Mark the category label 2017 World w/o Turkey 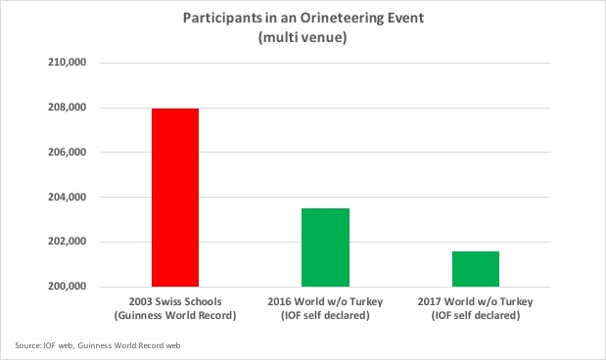pyautogui.click(x=475, y=301)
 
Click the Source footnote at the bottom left pyautogui.click(x=97, y=345)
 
